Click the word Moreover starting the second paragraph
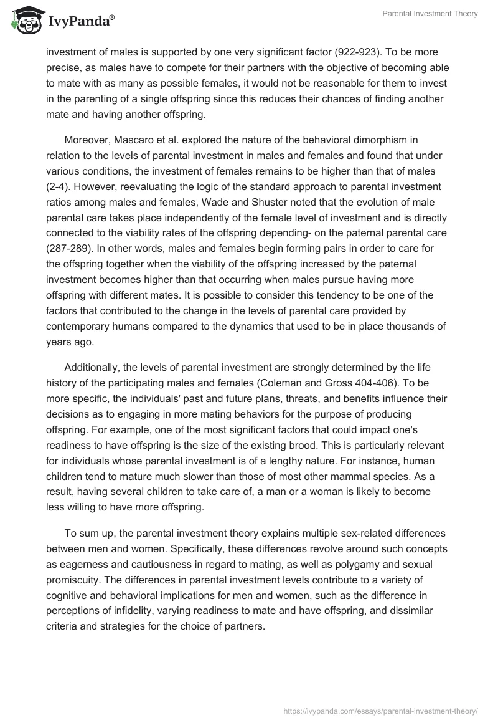(x=87, y=140)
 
